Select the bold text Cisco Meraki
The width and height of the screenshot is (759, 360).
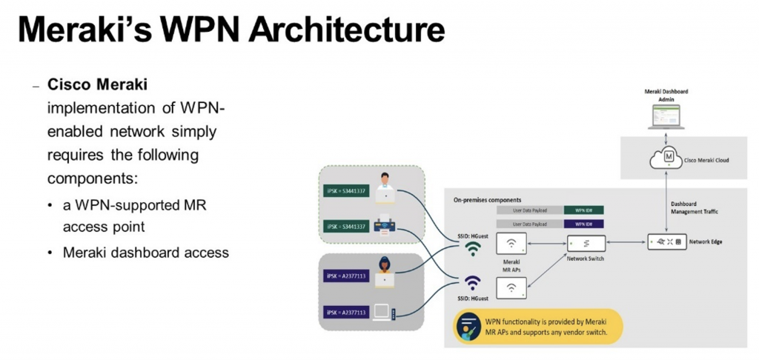[97, 84]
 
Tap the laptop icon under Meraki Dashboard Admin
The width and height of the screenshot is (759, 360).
[666, 117]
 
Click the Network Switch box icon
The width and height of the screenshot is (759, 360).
[586, 243]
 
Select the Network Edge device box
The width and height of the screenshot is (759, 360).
[666, 242]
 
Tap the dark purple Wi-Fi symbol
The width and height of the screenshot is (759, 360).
[472, 283]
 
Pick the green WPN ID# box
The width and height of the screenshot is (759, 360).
[583, 210]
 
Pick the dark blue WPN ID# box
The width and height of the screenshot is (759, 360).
[583, 224]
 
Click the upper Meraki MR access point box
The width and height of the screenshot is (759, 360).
[511, 244]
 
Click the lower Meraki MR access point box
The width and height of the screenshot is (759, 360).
[511, 287]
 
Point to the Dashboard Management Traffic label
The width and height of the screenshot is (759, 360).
[694, 208]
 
